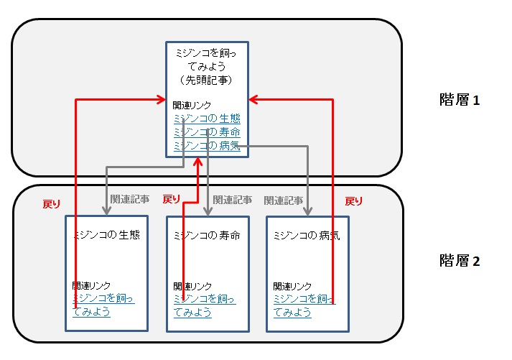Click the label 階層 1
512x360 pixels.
coord(459,100)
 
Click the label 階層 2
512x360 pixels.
coord(459,261)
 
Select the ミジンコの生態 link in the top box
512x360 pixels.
coord(207,119)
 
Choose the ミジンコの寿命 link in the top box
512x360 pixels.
coord(207,132)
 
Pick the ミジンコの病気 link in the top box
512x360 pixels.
coord(207,146)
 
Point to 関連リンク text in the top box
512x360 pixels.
coord(192,106)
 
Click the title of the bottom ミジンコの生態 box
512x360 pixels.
coord(106,235)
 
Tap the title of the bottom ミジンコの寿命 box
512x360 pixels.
coord(208,235)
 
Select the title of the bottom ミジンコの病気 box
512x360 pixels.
coord(307,235)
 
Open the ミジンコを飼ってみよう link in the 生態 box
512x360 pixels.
coord(103,305)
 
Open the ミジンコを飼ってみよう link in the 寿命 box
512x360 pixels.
coord(205,305)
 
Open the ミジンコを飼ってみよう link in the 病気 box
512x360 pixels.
coord(304,305)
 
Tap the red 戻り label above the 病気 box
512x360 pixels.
coord(354,201)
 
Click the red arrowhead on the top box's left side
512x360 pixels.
coord(161,100)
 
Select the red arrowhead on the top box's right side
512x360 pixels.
coord(255,100)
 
